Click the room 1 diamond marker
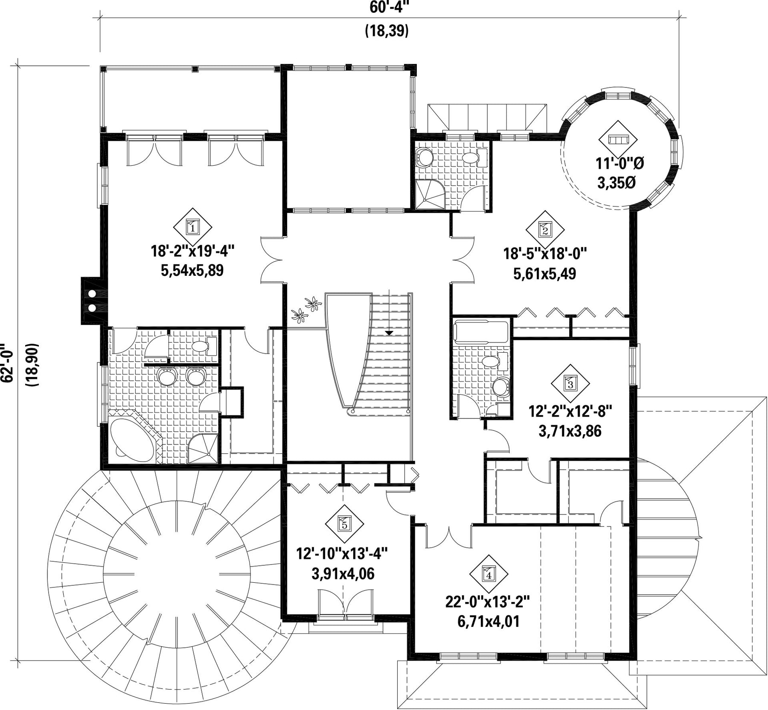pos(193,227)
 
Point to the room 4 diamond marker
pos(489,575)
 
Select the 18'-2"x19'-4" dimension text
pos(192,251)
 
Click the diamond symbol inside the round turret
pos(617,140)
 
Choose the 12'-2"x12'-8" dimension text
pos(570,411)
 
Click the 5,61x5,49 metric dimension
pos(544,273)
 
